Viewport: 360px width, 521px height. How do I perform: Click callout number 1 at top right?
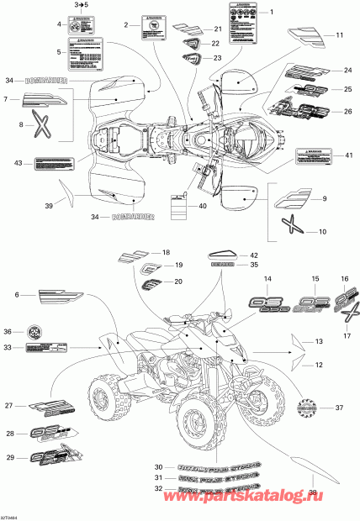[x=272, y=13]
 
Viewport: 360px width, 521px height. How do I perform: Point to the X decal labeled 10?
[x=289, y=225]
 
